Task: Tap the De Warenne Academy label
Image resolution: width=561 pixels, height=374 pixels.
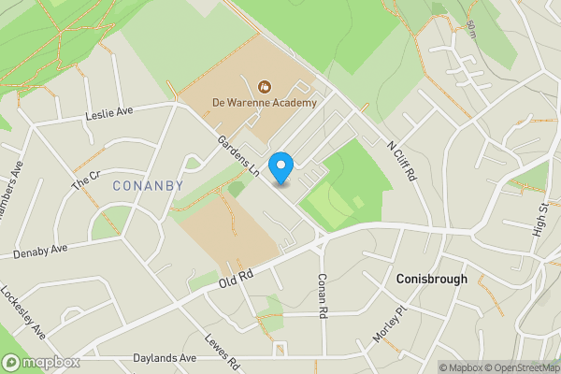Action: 265,102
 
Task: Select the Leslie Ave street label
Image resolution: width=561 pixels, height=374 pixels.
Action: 110,114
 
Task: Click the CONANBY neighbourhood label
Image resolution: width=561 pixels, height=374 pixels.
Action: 147,186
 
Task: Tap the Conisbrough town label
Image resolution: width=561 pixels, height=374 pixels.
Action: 431,279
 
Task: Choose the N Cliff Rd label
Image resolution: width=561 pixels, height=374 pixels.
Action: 403,160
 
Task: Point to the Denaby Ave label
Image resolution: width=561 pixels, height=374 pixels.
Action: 42,250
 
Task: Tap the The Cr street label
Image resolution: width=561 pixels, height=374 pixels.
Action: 86,180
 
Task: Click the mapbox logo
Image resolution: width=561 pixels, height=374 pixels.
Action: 41,362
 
